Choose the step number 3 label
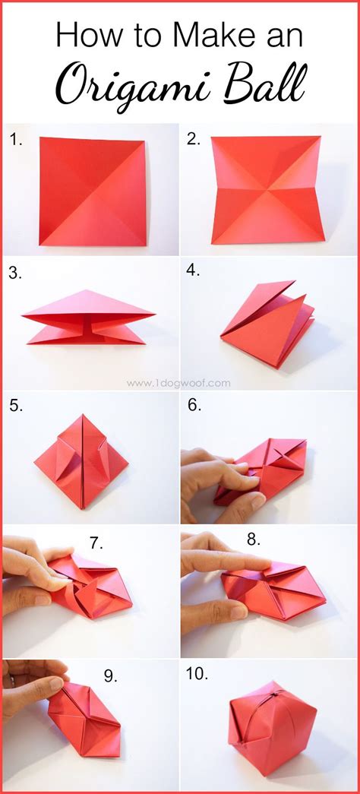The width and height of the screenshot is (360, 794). coord(15,274)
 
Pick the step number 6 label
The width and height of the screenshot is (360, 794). coord(194,405)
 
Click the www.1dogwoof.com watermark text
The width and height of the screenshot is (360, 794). coord(178,383)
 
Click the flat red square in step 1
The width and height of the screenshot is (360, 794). coord(93,191)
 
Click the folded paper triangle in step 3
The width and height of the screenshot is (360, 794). coord(89,318)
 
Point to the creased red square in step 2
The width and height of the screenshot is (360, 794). coord(267,190)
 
